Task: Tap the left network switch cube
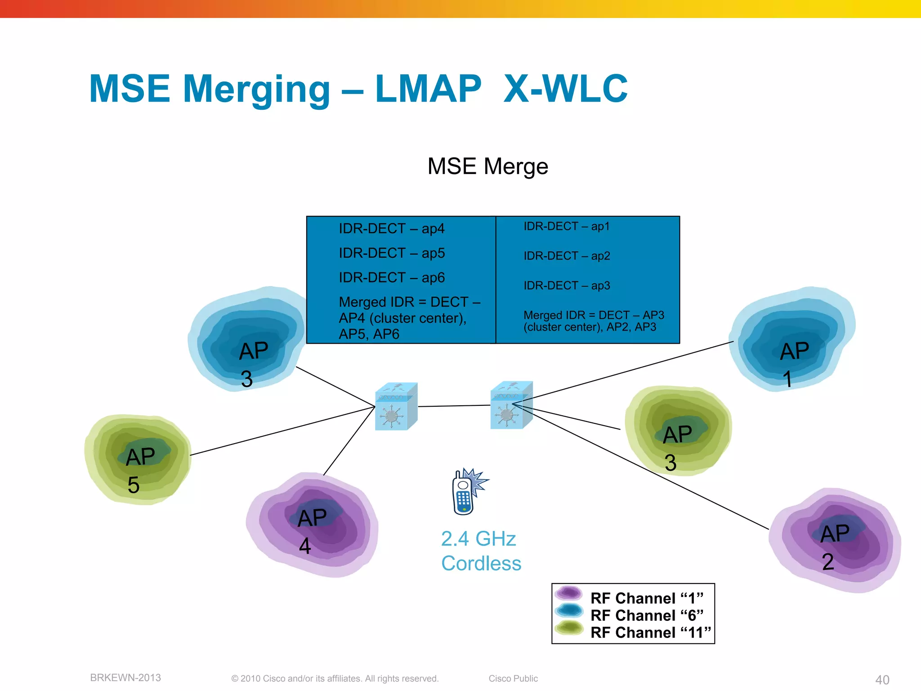395,407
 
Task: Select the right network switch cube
511,406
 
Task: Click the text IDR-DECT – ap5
391,253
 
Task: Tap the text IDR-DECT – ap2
567,256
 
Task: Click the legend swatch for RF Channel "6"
569,610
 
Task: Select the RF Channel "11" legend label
650,633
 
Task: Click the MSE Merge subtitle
487,166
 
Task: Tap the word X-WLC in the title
565,89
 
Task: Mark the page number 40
882,680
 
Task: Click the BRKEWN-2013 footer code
125,678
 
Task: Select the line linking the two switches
454,406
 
